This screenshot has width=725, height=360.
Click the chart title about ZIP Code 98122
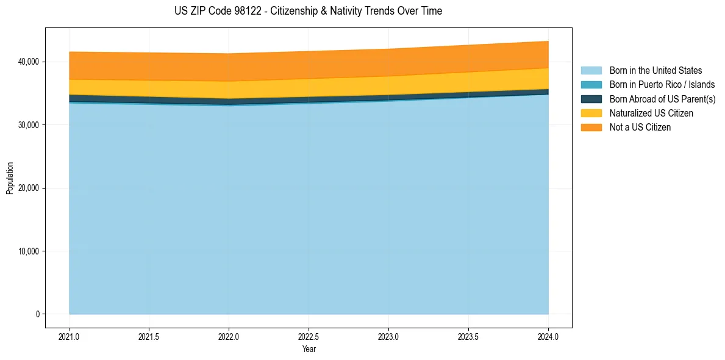pyautogui.click(x=308, y=11)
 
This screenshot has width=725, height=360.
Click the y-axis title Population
pyautogui.click(x=10, y=178)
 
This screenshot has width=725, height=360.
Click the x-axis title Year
pyautogui.click(x=309, y=349)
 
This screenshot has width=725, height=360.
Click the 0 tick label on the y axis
pyautogui.click(x=37, y=314)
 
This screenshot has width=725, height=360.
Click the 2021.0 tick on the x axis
pyautogui.click(x=70, y=336)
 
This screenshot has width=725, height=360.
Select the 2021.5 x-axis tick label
pyautogui.click(x=149, y=336)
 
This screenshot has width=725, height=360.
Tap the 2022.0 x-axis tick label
pyautogui.click(x=229, y=336)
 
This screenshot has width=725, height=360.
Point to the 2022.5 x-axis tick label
pyautogui.click(x=309, y=336)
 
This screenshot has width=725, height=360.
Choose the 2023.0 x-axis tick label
pyautogui.click(x=388, y=336)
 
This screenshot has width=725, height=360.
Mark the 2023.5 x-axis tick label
pyautogui.click(x=468, y=336)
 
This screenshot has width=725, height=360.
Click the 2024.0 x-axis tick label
pyautogui.click(x=548, y=336)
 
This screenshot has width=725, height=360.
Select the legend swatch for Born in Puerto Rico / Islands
pyautogui.click(x=591, y=85)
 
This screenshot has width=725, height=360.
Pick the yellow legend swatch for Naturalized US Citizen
pyautogui.click(x=591, y=113)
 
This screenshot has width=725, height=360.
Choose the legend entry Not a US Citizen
pyautogui.click(x=640, y=128)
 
